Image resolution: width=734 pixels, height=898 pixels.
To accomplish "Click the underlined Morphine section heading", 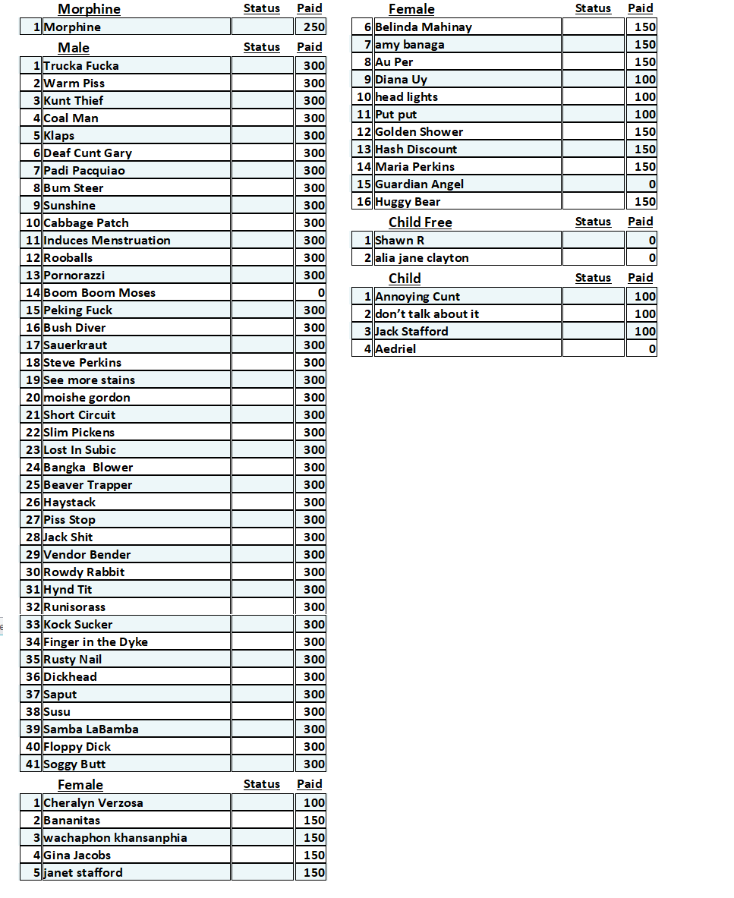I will [89, 9].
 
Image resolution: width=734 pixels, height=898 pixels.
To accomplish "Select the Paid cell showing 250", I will [310, 27].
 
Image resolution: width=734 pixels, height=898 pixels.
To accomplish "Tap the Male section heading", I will [74, 48].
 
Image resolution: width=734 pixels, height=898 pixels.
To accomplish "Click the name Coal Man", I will [71, 118].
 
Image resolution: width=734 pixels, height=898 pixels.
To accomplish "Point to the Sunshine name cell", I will [70, 206].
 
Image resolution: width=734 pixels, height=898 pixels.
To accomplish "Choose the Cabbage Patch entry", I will [86, 223].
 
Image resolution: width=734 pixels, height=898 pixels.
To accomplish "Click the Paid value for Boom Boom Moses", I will [310, 293].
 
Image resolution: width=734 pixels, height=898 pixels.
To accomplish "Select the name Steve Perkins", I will [82, 363].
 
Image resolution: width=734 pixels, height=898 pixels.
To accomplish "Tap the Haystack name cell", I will [70, 503].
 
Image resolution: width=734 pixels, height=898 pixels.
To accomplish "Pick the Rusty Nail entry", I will [72, 660].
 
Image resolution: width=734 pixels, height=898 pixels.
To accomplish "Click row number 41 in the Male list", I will [33, 764].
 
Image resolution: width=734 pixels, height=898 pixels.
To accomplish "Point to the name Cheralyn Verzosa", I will [93, 803].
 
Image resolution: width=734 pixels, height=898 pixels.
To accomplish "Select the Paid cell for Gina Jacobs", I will [310, 855].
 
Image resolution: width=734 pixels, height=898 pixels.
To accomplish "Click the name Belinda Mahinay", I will [424, 27].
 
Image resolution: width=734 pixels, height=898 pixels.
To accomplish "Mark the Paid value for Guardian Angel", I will [642, 184].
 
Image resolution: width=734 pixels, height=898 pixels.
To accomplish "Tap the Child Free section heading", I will [420, 222].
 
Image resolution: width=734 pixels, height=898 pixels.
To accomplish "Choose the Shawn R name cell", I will [399, 241].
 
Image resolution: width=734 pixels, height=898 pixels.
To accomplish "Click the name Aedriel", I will [395, 349].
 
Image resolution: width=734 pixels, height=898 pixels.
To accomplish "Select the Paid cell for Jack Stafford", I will [642, 332].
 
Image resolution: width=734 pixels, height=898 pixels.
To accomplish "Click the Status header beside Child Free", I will [593, 222].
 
